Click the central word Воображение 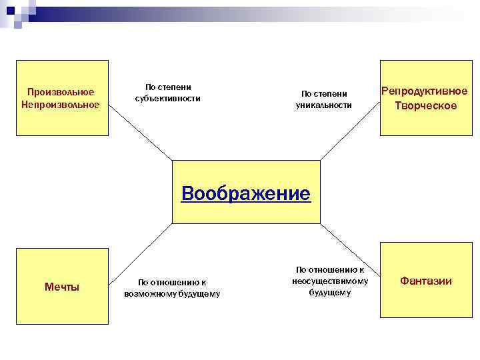click(x=246, y=193)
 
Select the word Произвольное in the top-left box click(x=61, y=91)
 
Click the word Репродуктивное click(x=425, y=91)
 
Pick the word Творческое click(x=425, y=106)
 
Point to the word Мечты click(x=61, y=287)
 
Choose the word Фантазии click(x=425, y=281)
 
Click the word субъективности click(x=167, y=99)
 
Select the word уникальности click(x=324, y=105)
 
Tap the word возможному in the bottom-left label click(x=148, y=294)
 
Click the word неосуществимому click(x=330, y=281)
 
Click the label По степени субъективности click(x=167, y=93)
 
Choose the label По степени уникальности click(x=324, y=99)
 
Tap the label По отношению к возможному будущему click(x=172, y=288)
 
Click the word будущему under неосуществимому click(x=329, y=293)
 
